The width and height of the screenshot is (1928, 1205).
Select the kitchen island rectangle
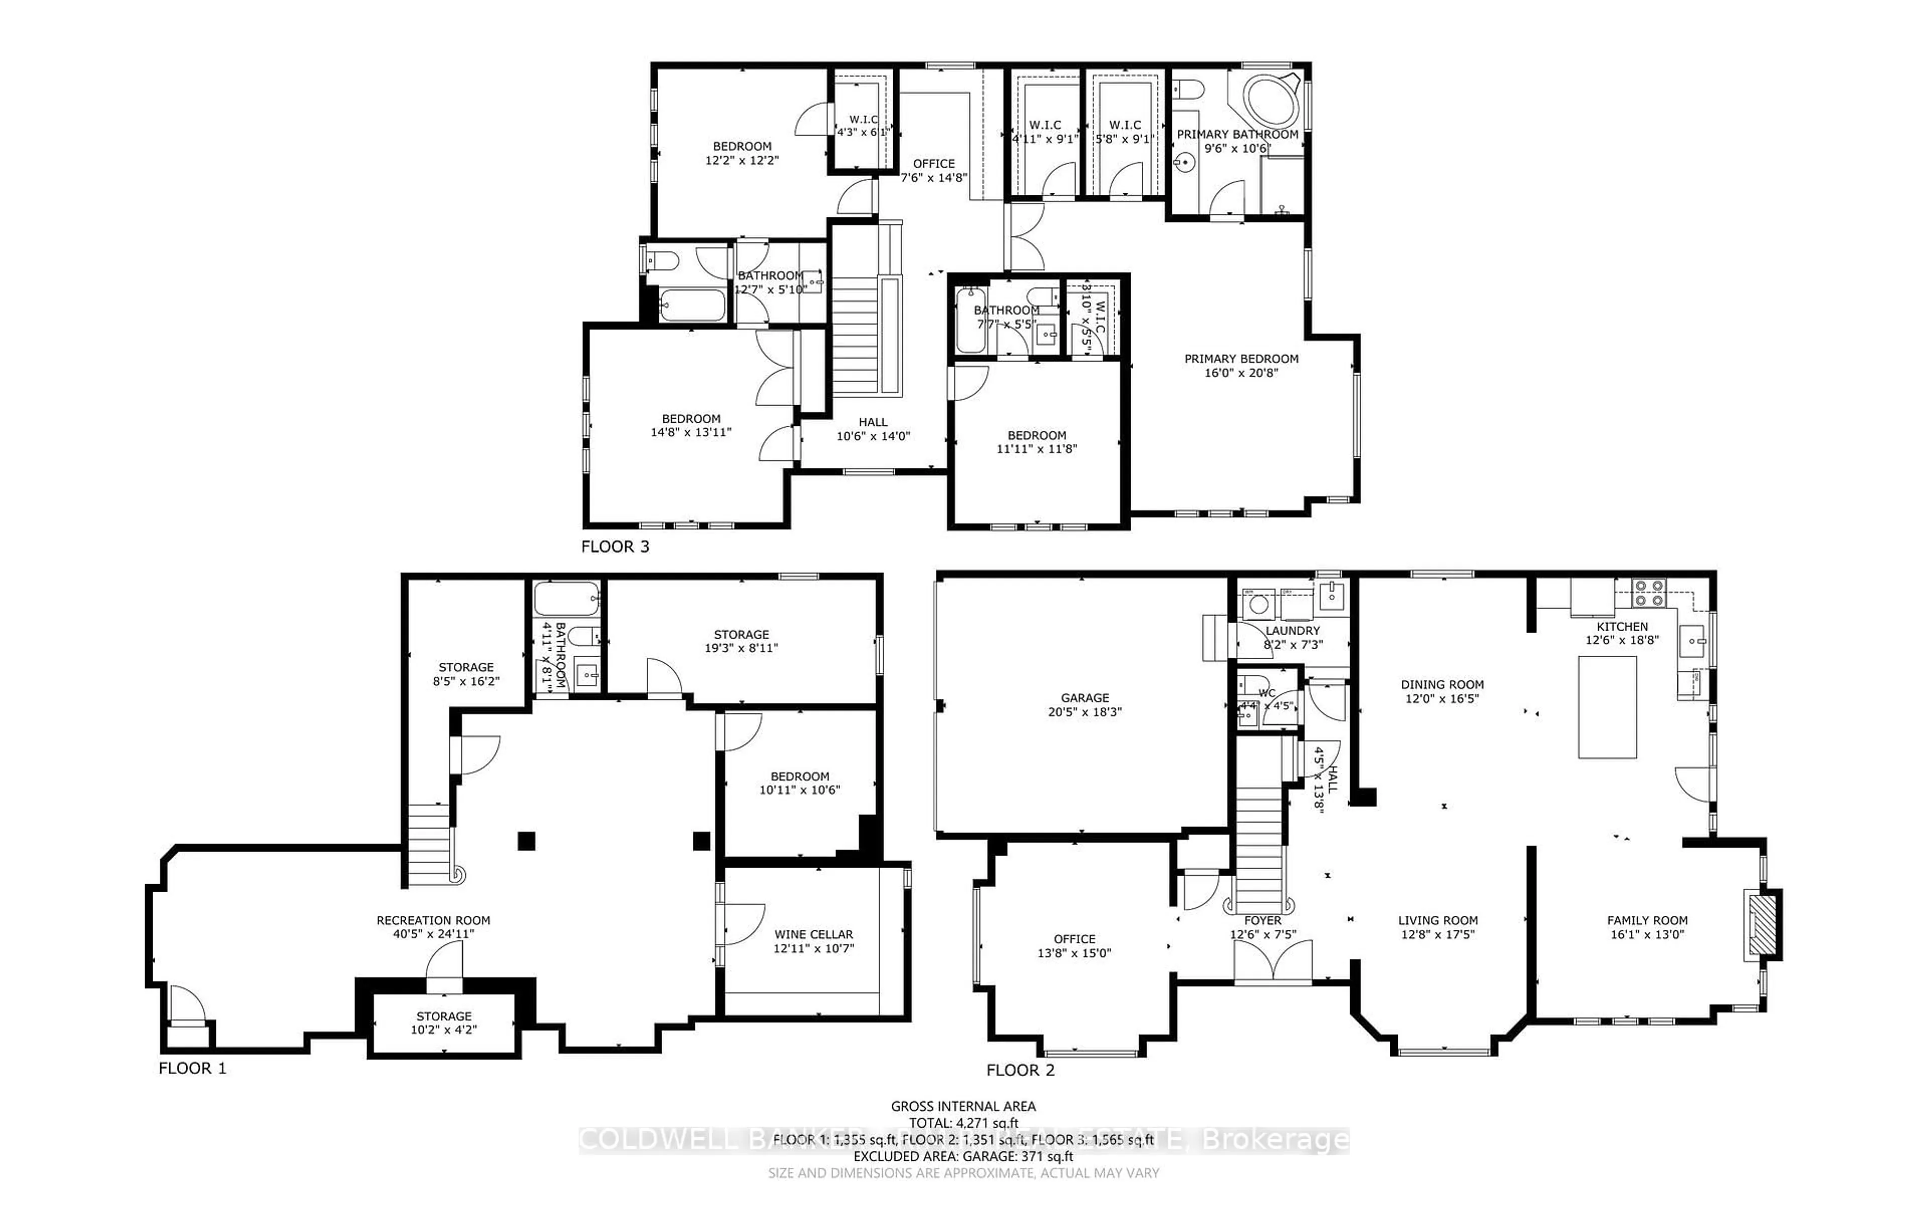1608,707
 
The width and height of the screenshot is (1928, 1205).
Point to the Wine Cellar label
813,934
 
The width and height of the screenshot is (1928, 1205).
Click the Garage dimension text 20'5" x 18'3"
1084,711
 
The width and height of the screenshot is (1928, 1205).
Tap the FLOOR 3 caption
615,547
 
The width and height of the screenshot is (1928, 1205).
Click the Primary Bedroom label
1241,358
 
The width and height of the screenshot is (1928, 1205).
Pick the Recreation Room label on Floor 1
433,920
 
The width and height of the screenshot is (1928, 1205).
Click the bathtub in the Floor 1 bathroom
566,597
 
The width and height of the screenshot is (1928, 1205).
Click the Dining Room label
1442,684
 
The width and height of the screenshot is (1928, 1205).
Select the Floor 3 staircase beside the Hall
857,335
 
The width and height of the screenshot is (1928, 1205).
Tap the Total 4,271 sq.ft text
963,1124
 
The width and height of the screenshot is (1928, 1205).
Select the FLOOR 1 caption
192,1069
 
